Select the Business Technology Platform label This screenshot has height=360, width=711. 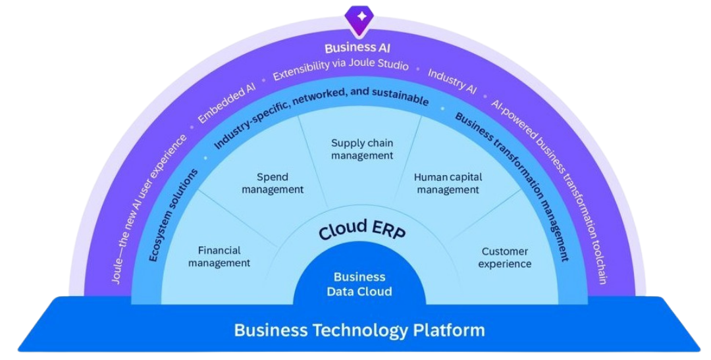(359, 330)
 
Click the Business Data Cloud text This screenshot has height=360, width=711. (359, 284)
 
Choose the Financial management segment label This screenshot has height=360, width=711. (219, 257)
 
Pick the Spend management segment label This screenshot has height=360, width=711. (273, 184)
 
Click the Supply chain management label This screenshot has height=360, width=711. (362, 149)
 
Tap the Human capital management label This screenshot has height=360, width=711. (448, 184)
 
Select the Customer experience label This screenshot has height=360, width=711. (505, 257)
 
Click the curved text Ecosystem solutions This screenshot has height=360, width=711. (172, 214)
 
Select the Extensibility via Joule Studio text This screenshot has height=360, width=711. (340, 68)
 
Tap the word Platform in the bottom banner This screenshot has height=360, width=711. (448, 330)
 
